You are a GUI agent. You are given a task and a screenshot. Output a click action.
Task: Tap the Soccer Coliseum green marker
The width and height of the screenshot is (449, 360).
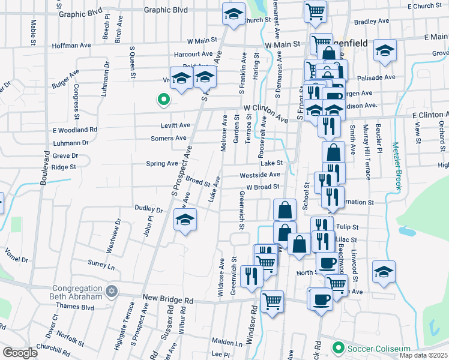click(x=338, y=348)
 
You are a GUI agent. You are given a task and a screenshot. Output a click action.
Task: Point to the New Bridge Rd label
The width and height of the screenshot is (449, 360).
click(x=168, y=299)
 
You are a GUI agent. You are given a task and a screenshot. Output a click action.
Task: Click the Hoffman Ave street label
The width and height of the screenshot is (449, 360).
click(x=71, y=45)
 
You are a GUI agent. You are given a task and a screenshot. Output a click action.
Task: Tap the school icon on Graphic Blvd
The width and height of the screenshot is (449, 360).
click(x=234, y=14)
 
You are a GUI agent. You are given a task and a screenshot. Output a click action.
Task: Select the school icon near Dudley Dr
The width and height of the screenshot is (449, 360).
click(x=185, y=220)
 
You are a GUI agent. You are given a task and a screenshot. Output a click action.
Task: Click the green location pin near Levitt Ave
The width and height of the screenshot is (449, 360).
click(x=162, y=100)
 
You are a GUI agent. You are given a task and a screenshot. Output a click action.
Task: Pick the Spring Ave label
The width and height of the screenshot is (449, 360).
click(x=162, y=163)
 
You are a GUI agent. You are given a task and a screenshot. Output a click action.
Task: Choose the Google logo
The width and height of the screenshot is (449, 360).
click(x=20, y=353)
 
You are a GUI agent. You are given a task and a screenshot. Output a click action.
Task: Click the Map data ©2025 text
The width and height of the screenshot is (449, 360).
click(x=423, y=355)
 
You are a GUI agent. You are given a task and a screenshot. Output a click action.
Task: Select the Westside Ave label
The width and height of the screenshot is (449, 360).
click(x=260, y=175)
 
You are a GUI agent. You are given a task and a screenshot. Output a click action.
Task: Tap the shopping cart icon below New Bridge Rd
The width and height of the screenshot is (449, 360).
click(x=273, y=301)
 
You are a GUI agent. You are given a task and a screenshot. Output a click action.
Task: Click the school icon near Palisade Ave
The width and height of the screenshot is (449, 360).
click(x=384, y=51)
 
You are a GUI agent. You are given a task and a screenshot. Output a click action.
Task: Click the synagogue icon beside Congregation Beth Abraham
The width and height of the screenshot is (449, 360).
click(x=110, y=292)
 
